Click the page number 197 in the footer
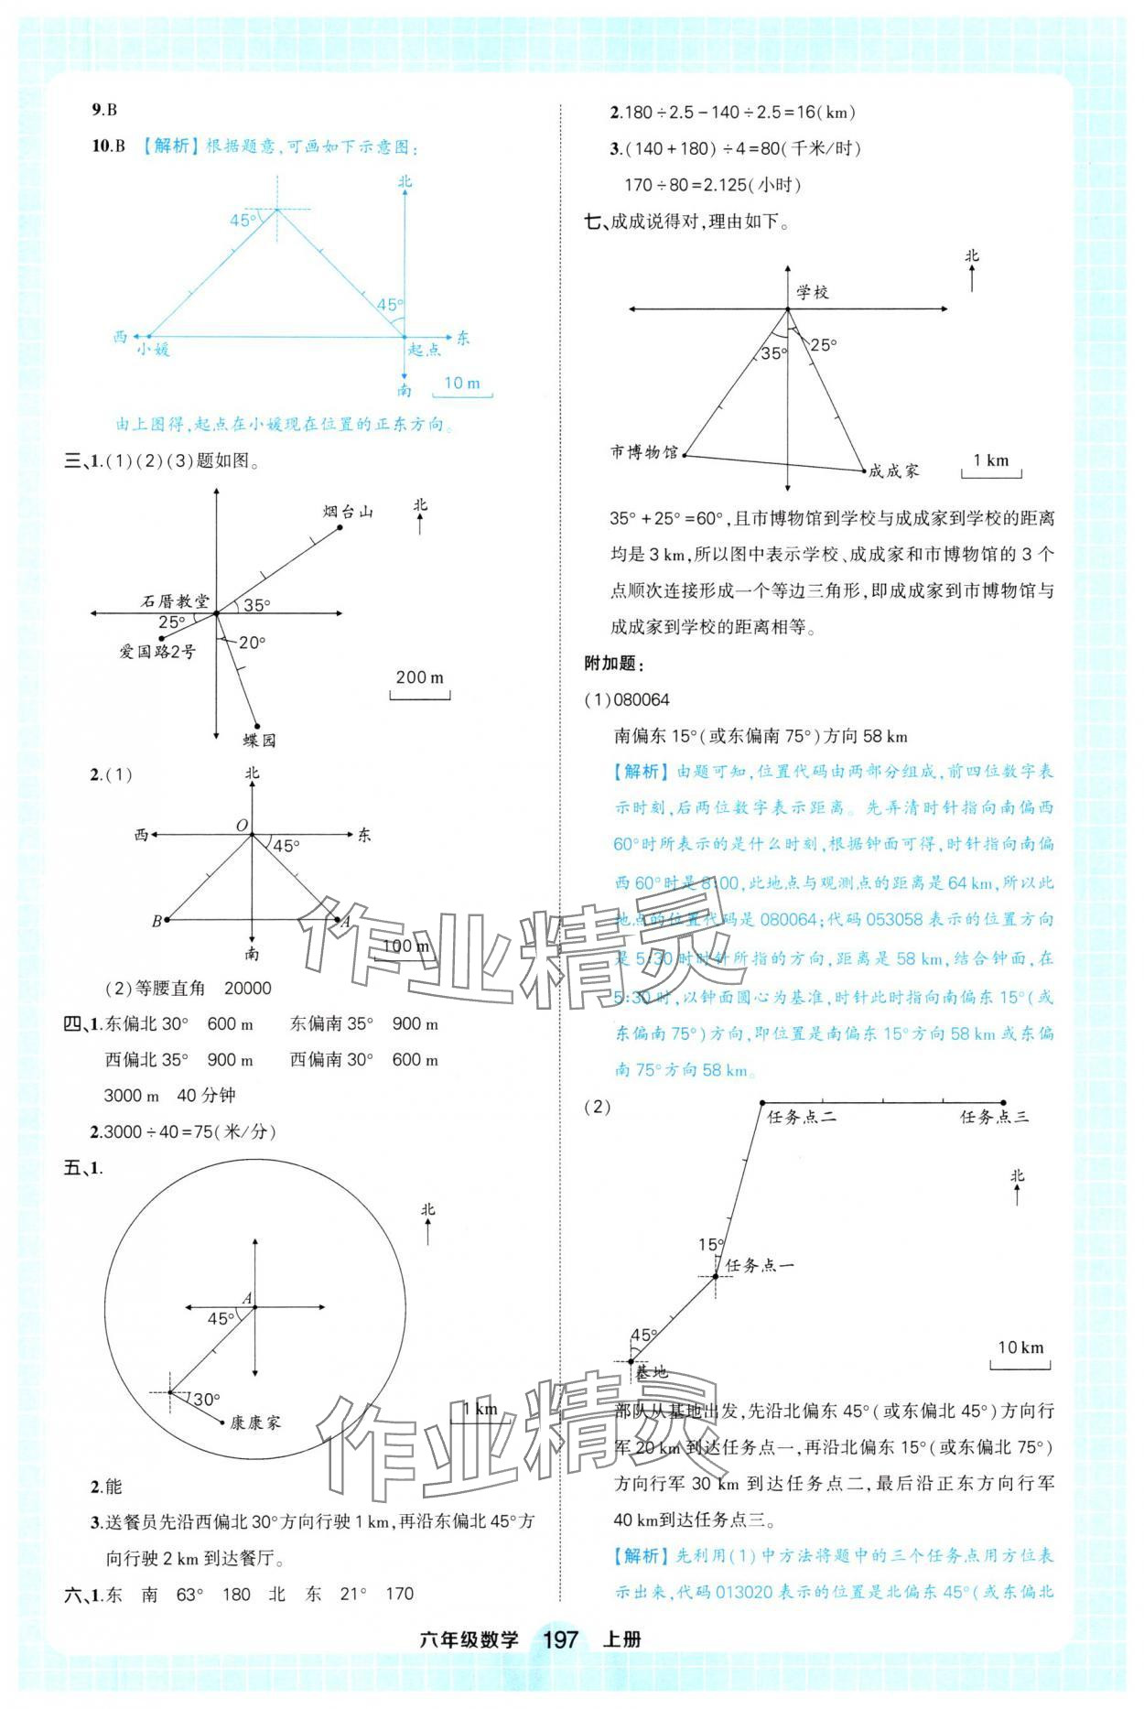coord(561,1638)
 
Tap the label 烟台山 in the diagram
coord(348,512)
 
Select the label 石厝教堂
coord(175,601)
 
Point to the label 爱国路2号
coord(157,651)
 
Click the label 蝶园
coord(259,740)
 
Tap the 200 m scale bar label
coord(419,677)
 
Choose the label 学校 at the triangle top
coord(812,292)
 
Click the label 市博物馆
coord(644,452)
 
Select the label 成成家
coord(893,471)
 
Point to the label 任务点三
coord(994,1117)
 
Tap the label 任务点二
coord(802,1117)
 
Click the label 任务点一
coord(760,1265)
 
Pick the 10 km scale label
coord(1020,1347)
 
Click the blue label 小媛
coord(153,349)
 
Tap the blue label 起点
coord(425,349)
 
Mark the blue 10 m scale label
coord(462,383)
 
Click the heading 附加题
coord(614,664)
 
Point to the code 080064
coord(642,700)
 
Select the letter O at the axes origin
coord(243,826)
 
